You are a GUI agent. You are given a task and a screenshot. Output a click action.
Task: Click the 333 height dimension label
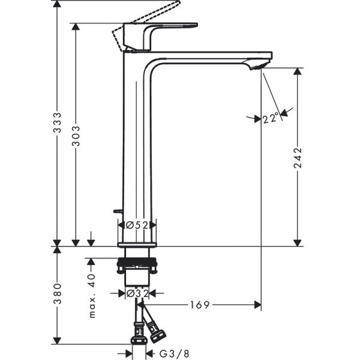[56, 123]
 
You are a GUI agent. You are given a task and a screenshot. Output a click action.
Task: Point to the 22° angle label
[271, 118]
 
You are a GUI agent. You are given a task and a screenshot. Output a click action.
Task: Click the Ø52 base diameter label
[137, 225]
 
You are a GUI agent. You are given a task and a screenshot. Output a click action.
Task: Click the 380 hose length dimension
[56, 295]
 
